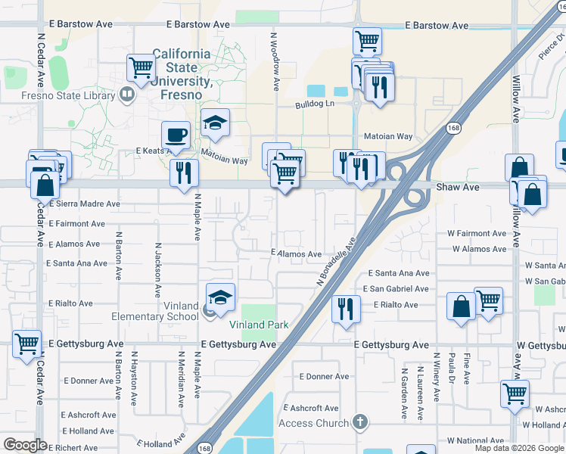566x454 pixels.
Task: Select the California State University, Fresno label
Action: (x=182, y=74)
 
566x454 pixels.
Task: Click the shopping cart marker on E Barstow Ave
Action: (x=367, y=41)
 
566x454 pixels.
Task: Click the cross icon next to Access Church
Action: (x=361, y=422)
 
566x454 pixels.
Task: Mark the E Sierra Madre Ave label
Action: (x=84, y=204)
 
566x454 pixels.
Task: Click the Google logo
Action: (x=25, y=445)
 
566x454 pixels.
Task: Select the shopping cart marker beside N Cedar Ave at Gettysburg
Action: (x=26, y=344)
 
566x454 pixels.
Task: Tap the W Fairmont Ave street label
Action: (x=479, y=234)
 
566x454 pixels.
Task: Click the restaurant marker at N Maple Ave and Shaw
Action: (x=184, y=173)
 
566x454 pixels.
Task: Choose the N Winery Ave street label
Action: (x=436, y=377)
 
